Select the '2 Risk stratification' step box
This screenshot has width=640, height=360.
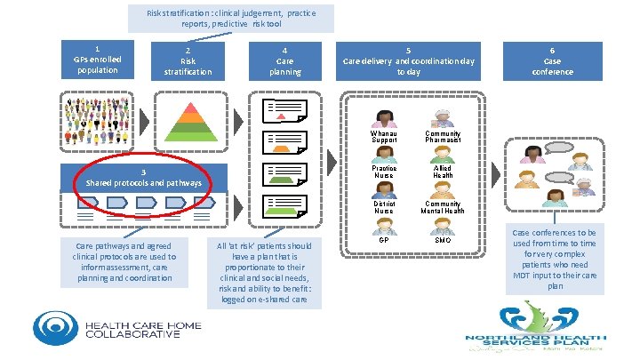pyautogui.click(x=188, y=60)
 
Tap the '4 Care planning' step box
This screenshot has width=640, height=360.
pyautogui.click(x=284, y=60)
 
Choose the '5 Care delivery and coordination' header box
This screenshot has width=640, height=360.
pyautogui.click(x=409, y=60)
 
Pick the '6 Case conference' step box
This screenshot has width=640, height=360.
pyautogui.click(x=552, y=60)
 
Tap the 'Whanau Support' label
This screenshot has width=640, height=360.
pyautogui.click(x=385, y=137)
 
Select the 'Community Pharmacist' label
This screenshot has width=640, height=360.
pyautogui.click(x=443, y=137)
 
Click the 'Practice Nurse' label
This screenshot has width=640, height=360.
pyautogui.click(x=385, y=172)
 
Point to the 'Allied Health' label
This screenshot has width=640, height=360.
pyautogui.click(x=443, y=172)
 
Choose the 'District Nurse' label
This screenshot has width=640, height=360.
pyautogui.click(x=384, y=206)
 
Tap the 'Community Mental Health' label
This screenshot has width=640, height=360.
pyautogui.click(x=443, y=206)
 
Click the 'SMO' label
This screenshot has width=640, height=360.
pyautogui.click(x=443, y=240)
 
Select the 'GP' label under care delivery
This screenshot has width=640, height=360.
pyautogui.click(x=384, y=240)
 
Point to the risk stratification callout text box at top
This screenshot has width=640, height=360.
pyautogui.click(x=231, y=19)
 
